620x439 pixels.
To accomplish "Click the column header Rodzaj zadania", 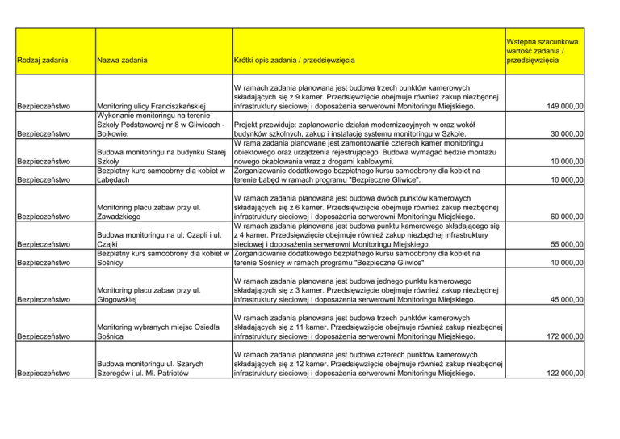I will click(45, 61).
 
